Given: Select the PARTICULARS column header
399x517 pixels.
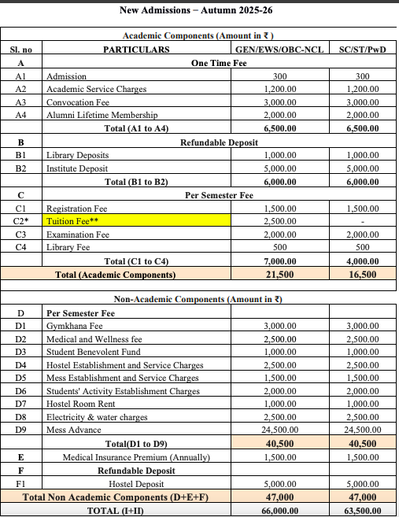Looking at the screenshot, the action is tap(136, 49).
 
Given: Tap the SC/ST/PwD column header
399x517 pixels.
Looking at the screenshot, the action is tap(362, 49).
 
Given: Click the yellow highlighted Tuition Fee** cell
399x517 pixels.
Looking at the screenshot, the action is tap(138, 222).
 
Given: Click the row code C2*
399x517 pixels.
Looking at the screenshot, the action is tap(21, 222).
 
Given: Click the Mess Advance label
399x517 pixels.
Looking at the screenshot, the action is tap(73, 430).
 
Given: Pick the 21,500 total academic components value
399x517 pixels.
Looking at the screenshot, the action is tap(279, 275).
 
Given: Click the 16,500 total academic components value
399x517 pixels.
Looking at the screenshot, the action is tap(362, 275).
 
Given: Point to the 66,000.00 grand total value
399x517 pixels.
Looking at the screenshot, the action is tap(279, 510).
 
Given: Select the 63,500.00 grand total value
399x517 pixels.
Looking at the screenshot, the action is tap(362, 510).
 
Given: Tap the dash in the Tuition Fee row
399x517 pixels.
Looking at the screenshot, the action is tap(362, 222).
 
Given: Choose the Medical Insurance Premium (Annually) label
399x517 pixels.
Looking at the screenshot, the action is tap(136, 457).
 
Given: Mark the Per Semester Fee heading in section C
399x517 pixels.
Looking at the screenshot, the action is tap(219, 195).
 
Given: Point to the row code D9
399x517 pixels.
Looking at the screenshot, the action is tap(21, 430).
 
